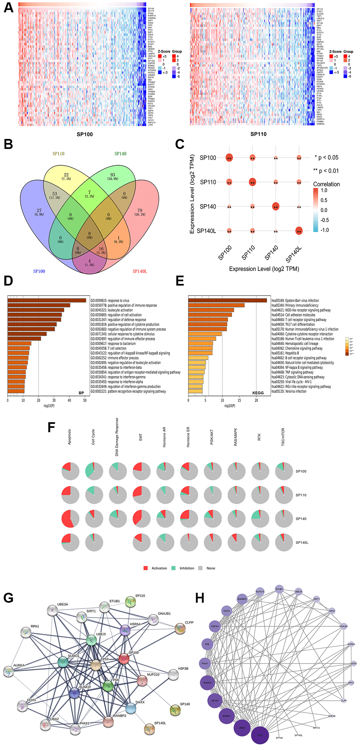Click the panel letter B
pyautogui.click(x=8, y=144)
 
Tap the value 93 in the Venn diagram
pyautogui.click(x=113, y=175)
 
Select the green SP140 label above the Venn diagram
pyautogui.click(x=120, y=154)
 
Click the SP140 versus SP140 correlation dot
pyautogui.click(x=276, y=206)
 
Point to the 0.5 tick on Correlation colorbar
pyautogui.click(x=323, y=200)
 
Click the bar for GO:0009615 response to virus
pyautogui.click(x=47, y=301)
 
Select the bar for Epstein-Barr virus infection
pyautogui.click(x=227, y=301)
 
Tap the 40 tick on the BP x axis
pyautogui.click(x=69, y=400)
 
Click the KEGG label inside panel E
pyautogui.click(x=258, y=393)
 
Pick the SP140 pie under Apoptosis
pyautogui.click(x=70, y=519)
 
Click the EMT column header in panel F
pyautogui.click(x=141, y=437)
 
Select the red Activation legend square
pyautogui.click(x=146, y=568)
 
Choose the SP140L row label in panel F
pyautogui.click(x=302, y=543)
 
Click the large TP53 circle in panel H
pyautogui.click(x=260, y=735)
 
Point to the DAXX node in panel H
pyautogui.click(x=227, y=611)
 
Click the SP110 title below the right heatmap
pyautogui.click(x=258, y=134)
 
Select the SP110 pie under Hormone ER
pyautogui.click(x=189, y=495)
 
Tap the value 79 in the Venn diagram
pyautogui.click(x=140, y=210)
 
